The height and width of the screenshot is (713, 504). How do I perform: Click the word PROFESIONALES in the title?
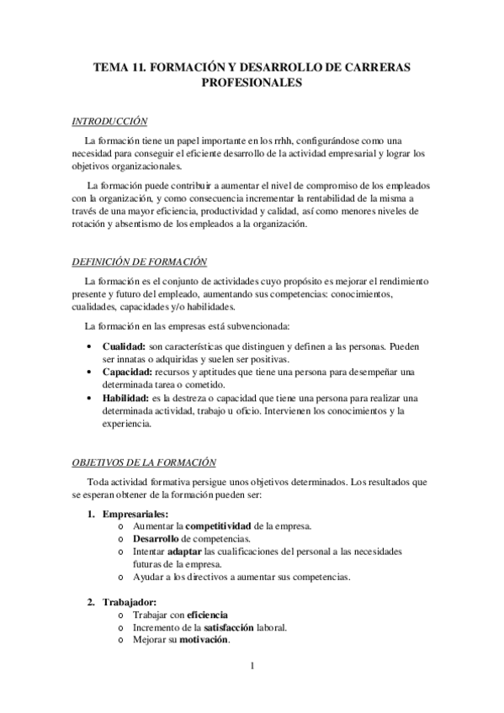[252, 83]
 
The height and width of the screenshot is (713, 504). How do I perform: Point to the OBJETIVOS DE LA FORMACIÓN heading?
[144, 462]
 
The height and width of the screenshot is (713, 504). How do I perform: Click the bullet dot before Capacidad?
[91, 372]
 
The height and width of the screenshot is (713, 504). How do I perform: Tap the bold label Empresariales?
[135, 514]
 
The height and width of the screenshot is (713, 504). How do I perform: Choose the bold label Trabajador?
[130, 602]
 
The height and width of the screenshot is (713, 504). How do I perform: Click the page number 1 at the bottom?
[252, 667]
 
